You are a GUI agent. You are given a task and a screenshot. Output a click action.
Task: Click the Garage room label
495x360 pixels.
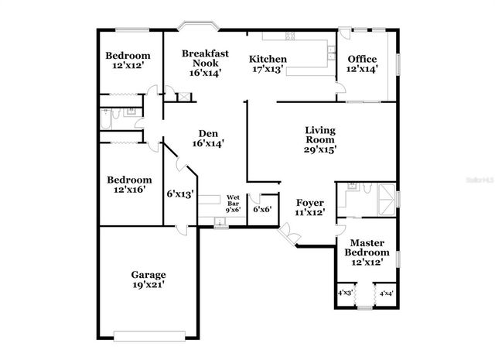[148, 275]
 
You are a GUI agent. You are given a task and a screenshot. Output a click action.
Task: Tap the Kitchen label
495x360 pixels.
[268, 60]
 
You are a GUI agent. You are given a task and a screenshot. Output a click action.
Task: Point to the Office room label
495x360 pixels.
[362, 60]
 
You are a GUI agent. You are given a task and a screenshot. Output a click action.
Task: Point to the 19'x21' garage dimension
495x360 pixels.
[148, 285]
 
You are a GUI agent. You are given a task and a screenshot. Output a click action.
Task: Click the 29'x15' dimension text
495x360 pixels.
[319, 150]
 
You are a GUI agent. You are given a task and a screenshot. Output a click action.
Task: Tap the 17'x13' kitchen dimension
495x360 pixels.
[268, 70]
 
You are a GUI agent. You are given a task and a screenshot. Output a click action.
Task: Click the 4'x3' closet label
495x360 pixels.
[345, 293]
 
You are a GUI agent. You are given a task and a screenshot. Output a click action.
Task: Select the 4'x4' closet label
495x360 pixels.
[386, 293]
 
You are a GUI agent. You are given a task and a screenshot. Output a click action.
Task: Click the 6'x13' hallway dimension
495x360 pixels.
[179, 194]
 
